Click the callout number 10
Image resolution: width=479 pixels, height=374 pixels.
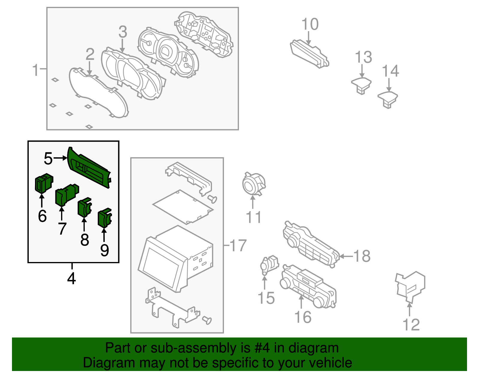(310, 24)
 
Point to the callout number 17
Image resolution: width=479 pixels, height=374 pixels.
(238, 246)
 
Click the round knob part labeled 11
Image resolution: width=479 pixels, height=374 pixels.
(253, 184)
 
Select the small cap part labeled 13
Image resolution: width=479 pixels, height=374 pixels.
(361, 85)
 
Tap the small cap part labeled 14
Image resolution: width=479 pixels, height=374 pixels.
(388, 99)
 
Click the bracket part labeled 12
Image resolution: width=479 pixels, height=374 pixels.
(410, 286)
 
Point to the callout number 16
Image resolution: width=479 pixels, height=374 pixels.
(303, 317)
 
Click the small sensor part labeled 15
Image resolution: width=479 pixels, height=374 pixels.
(269, 264)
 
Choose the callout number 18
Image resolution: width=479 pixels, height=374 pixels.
(362, 256)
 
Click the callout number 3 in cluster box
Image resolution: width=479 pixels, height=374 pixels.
(123, 32)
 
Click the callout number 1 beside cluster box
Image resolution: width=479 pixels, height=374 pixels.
(35, 70)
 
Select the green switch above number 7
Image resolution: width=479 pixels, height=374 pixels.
(66, 195)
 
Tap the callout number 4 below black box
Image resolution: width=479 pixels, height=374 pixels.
(71, 278)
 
